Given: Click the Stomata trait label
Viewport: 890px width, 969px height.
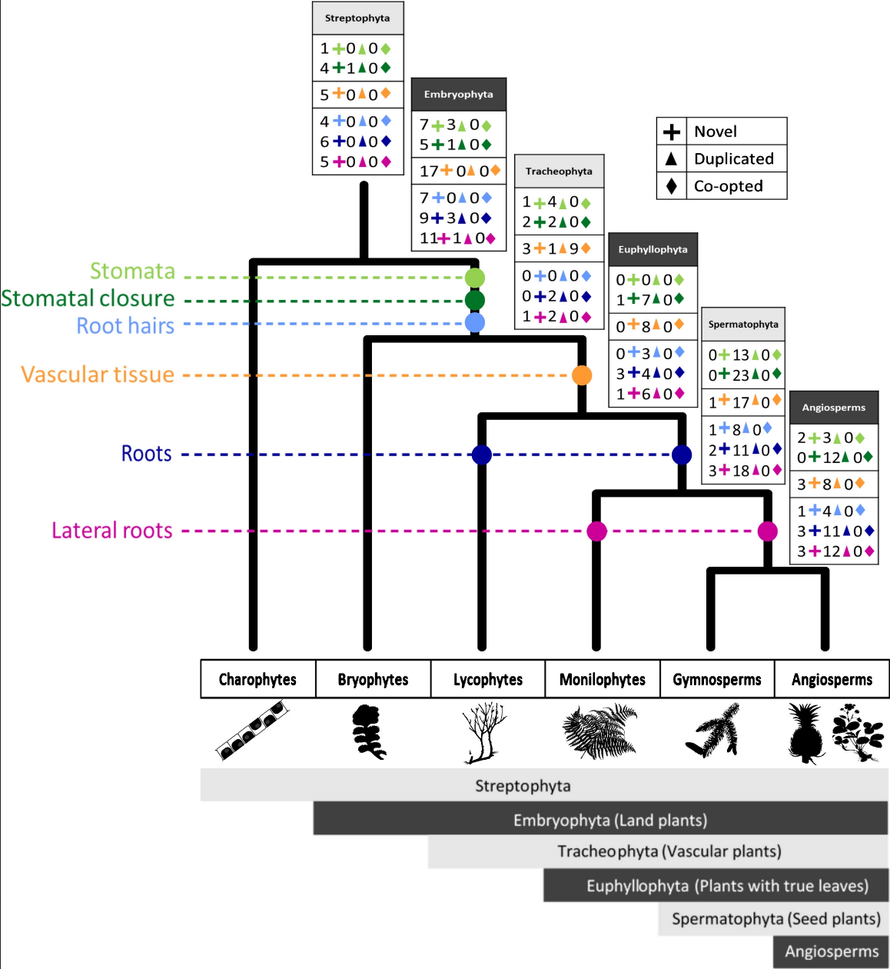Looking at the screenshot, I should coord(132,271).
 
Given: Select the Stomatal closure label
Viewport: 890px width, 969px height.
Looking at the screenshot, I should coord(88,298).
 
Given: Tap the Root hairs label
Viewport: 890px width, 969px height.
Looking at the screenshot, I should coord(125,326).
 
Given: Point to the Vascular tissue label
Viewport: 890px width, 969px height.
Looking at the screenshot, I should coord(98,375).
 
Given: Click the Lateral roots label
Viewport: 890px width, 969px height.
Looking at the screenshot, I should coord(112,531).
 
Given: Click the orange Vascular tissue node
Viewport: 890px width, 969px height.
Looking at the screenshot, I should coord(582,375).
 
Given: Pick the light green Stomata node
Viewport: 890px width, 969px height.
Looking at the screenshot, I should coord(475,277).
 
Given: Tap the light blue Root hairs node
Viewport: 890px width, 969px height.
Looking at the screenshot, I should coord(475,322).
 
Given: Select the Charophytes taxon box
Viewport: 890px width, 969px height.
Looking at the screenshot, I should coord(258,679).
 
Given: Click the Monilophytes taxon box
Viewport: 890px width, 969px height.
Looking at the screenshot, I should coord(603,679).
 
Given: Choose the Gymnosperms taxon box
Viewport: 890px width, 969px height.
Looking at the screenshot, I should coord(717,679).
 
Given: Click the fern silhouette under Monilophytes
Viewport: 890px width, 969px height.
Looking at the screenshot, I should coord(600,731).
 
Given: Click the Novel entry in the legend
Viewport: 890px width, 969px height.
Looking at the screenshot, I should coord(716,132).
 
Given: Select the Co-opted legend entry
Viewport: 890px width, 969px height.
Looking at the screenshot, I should coord(728,186).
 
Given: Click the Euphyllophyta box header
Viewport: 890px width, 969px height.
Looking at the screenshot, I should coord(653,249).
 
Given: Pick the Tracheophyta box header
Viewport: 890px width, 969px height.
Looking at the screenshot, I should coord(559,171).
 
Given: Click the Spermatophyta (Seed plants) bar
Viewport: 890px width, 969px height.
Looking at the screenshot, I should coord(775,919).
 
